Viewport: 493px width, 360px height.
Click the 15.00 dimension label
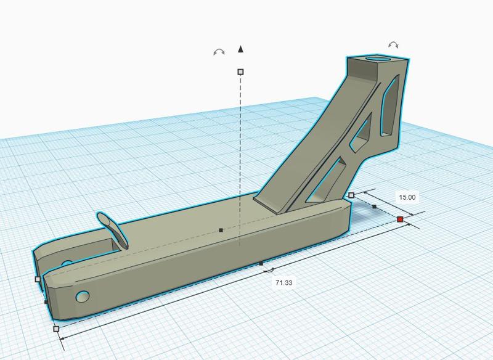click(x=407, y=198)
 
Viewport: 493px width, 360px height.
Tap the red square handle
click(x=400, y=219)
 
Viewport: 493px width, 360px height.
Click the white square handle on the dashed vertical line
click(x=240, y=72)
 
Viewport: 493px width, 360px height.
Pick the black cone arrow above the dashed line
click(x=241, y=48)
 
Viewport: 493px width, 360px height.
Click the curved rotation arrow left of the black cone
click(x=218, y=52)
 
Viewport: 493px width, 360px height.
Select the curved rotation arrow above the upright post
click(x=393, y=44)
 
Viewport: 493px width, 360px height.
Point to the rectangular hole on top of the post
click(x=377, y=60)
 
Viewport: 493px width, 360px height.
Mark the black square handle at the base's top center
click(x=221, y=230)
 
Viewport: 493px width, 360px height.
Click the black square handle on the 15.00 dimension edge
click(x=374, y=207)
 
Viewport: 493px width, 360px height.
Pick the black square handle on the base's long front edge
click(x=261, y=263)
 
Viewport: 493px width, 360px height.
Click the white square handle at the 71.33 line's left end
click(x=57, y=329)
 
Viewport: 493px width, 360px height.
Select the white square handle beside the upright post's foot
click(x=351, y=195)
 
